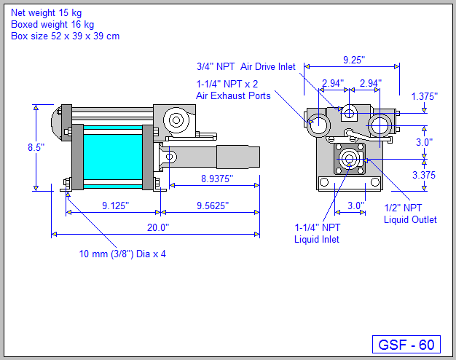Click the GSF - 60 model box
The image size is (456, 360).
coord(407,344)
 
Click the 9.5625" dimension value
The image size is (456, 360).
coord(211,206)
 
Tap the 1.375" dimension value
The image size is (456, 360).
coord(425,96)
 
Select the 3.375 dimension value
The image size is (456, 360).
coord(425,175)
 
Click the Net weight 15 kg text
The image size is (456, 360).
coord(46,12)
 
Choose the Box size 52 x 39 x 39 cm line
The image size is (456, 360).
coord(65,36)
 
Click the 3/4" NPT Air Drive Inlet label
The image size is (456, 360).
coord(245,66)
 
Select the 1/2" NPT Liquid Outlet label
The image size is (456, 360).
coord(410,214)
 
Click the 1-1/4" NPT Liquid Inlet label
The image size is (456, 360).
coord(316,232)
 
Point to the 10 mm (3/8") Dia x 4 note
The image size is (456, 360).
coord(127,254)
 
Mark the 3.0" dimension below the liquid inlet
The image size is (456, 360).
coord(355,206)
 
